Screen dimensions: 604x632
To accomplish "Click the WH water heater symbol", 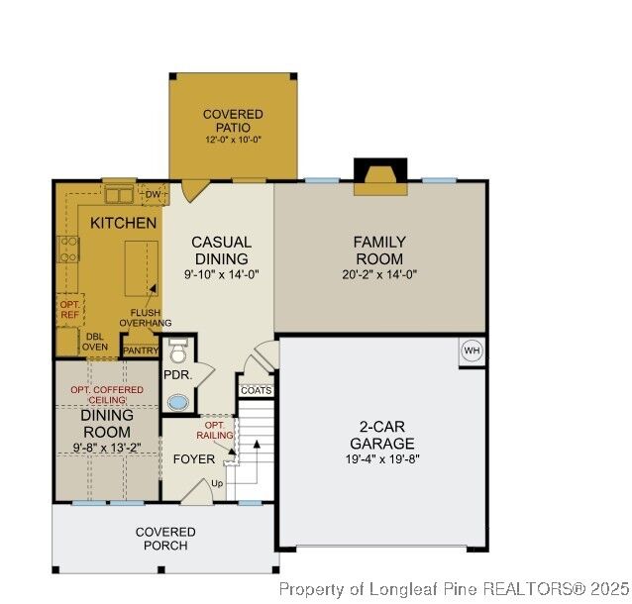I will click(472, 352).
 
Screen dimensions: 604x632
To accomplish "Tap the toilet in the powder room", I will click(177, 352).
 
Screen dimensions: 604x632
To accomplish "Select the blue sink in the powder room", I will click(177, 403).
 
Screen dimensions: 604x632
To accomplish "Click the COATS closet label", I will click(256, 390).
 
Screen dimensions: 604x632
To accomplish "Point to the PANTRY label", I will click(141, 350).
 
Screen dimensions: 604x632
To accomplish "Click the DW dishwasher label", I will click(153, 194).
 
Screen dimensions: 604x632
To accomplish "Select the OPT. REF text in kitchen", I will click(69, 309).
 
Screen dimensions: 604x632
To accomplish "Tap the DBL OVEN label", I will click(94, 342).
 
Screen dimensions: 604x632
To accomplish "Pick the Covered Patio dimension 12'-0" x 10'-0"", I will click(233, 142).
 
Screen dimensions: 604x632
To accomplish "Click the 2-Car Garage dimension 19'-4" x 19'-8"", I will click(381, 460).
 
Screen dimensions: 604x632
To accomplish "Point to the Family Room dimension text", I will click(380, 275).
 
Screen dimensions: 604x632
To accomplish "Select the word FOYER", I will click(194, 459).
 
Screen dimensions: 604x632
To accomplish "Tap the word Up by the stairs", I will click(217, 483).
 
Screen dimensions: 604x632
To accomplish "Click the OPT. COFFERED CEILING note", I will click(106, 396).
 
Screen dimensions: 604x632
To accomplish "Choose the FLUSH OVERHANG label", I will click(145, 318).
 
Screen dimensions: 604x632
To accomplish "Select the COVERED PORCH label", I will click(165, 539).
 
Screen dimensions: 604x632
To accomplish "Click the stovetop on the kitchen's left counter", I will click(68, 251).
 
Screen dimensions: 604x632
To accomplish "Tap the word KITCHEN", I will click(123, 223).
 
